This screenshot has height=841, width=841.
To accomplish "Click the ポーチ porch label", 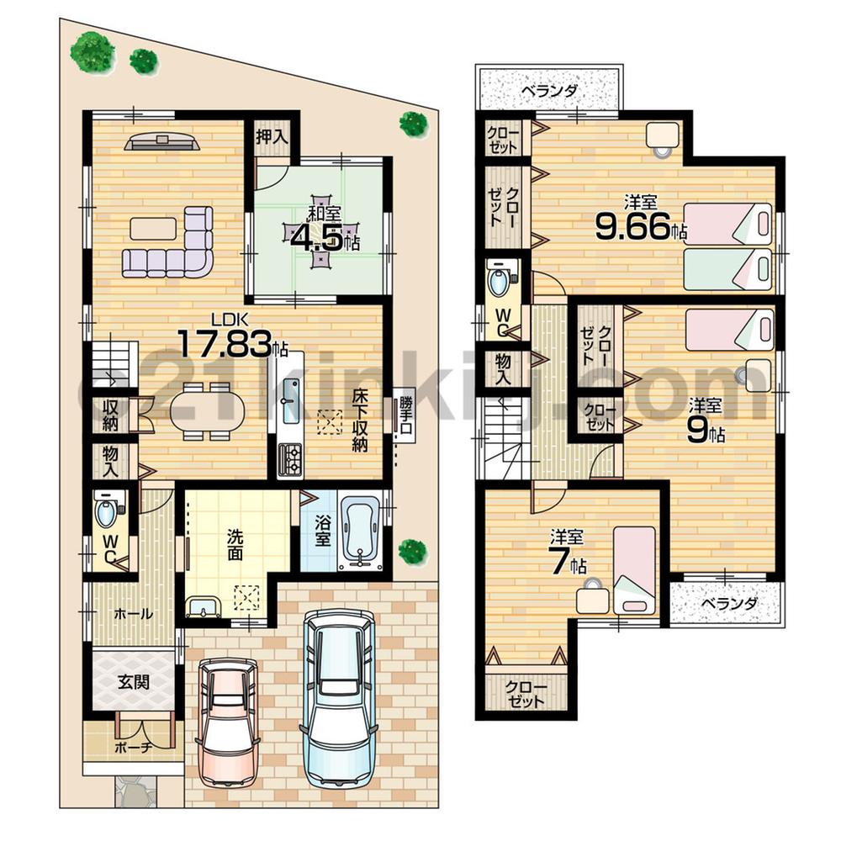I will tap(132, 747).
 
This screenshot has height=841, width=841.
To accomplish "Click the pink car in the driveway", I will tap(226, 720).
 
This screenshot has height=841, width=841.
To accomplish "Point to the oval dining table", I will tap(207, 411).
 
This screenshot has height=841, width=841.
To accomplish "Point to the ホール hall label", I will tap(133, 614).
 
